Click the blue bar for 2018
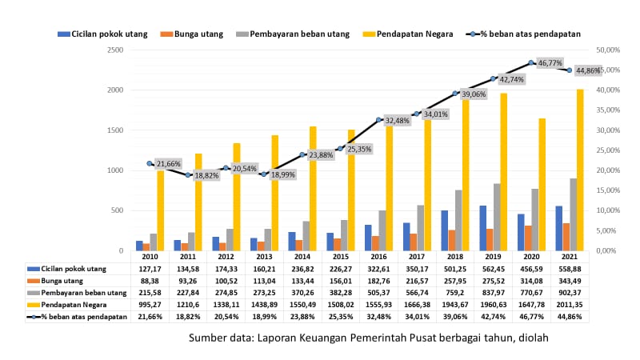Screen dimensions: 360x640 click(443, 230)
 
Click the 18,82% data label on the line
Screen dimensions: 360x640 click(210, 175)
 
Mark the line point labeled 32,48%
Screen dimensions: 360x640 click(378, 119)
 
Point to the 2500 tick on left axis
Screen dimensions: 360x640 click(115, 50)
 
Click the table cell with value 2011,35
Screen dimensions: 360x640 click(569, 306)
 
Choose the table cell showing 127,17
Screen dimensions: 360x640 click(150, 270)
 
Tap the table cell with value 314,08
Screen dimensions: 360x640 click(531, 282)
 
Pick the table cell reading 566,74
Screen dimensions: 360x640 click(417, 294)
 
